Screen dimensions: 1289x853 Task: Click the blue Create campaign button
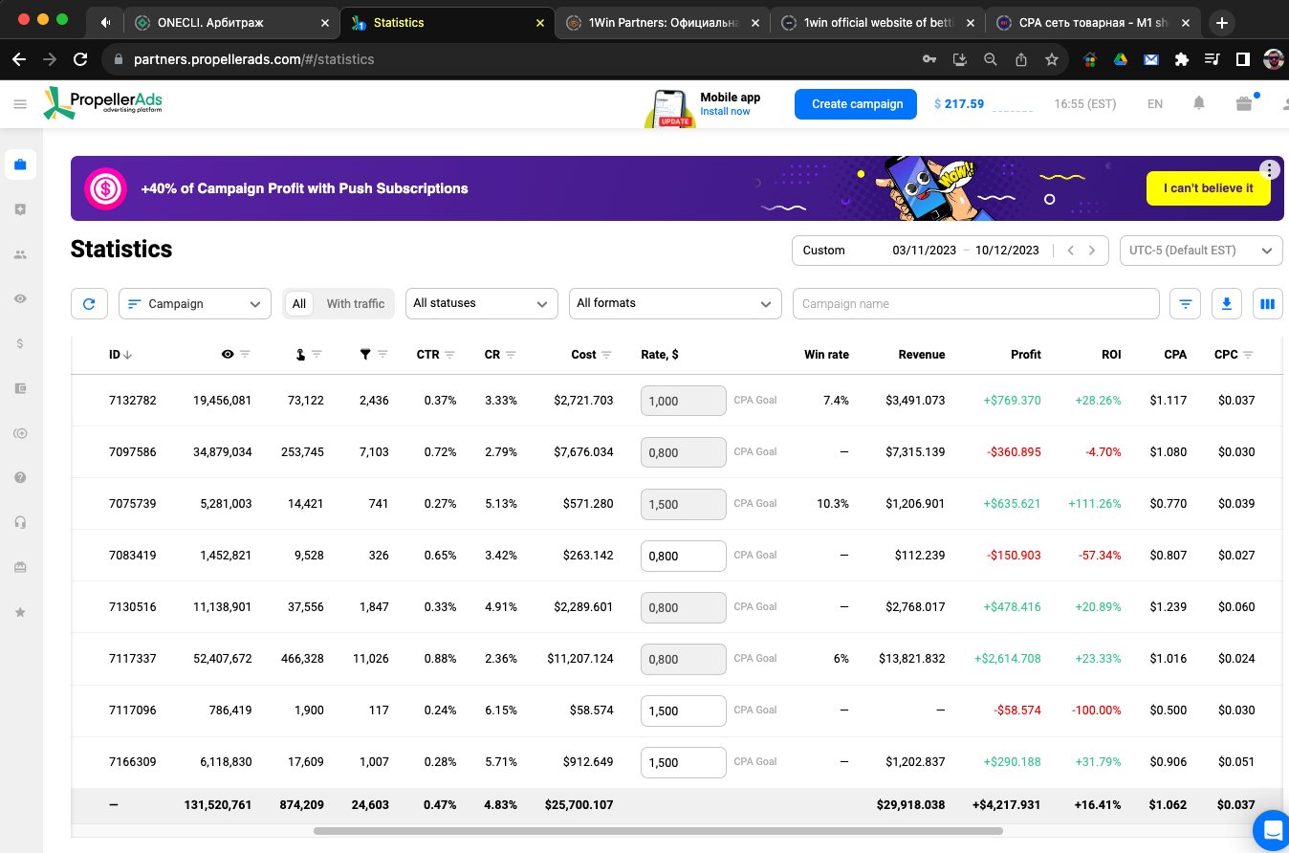856,104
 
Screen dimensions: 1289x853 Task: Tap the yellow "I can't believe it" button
1208,188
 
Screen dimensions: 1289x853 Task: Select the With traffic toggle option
355,304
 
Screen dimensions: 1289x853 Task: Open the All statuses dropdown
481,303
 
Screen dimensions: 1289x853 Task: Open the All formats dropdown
675,303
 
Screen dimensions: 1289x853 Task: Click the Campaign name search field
975,303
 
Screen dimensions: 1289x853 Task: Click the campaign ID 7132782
132,400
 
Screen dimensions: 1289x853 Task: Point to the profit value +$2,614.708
1007,659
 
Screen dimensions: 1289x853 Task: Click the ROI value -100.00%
1096,711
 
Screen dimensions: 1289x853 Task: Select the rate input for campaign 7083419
683,556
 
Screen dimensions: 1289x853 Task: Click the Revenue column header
921,355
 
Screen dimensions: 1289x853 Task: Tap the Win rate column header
826,355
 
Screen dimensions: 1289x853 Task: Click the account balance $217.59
959,104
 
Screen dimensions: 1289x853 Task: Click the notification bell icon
1199,103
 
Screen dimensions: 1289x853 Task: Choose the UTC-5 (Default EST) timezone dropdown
1200,251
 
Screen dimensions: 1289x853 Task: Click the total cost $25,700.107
579,804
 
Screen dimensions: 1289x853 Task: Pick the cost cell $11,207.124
580,659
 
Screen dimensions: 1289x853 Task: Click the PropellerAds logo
103,103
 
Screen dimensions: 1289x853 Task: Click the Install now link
725,112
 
